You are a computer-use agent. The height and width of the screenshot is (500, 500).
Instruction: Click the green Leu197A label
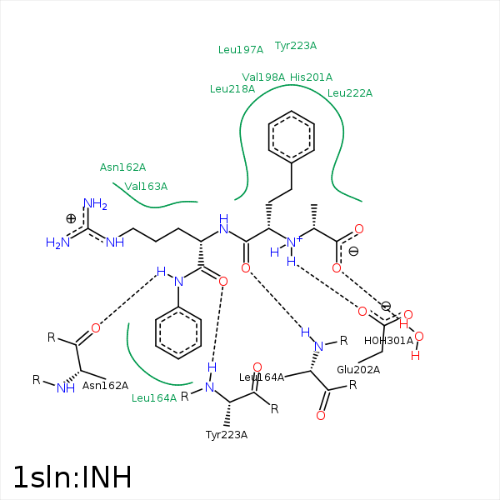click(x=240, y=49)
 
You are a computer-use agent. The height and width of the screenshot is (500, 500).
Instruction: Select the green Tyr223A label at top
click(x=296, y=46)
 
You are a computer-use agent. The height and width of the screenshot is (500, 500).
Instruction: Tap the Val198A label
click(x=263, y=77)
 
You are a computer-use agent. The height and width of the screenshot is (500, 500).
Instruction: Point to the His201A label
click(x=311, y=77)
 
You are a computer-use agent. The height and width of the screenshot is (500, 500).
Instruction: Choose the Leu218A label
click(x=232, y=88)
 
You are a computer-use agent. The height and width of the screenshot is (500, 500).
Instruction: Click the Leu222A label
click(x=350, y=92)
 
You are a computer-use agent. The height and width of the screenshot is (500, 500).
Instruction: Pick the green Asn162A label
click(x=122, y=167)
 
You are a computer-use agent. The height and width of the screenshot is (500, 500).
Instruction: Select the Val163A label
click(x=146, y=186)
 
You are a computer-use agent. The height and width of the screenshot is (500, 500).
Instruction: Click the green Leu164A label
click(x=154, y=397)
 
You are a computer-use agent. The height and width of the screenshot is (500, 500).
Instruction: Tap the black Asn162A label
click(x=105, y=385)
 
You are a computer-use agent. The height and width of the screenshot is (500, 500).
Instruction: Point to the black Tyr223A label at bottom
click(x=227, y=434)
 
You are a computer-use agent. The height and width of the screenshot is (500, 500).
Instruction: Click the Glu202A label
click(x=358, y=369)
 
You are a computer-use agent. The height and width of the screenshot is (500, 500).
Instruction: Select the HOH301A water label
click(x=388, y=340)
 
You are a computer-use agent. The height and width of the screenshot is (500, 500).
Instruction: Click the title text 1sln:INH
click(x=72, y=477)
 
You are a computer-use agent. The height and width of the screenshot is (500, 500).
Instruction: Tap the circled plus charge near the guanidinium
click(x=71, y=218)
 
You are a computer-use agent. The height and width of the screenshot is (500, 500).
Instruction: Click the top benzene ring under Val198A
click(x=292, y=137)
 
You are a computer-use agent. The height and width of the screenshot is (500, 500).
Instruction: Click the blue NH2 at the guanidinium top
click(x=95, y=203)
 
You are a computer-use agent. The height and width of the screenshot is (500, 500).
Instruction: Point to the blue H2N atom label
click(x=57, y=242)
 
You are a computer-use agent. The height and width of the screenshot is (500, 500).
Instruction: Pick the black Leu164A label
click(x=262, y=377)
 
